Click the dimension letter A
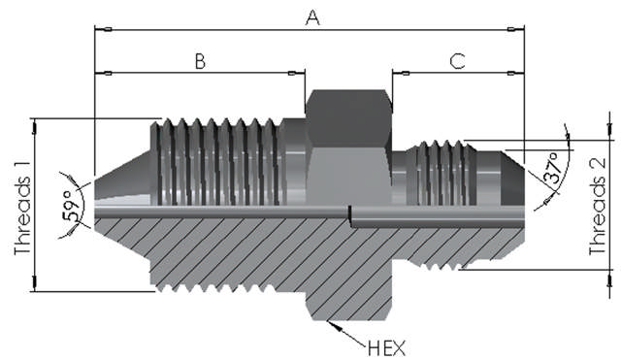tap(312, 17)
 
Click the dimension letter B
tap(201, 61)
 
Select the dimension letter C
tap(457, 61)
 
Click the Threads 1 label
tap(22, 215)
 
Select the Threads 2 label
tap(598, 207)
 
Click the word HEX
tap(386, 348)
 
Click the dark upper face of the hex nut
tap(349, 118)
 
